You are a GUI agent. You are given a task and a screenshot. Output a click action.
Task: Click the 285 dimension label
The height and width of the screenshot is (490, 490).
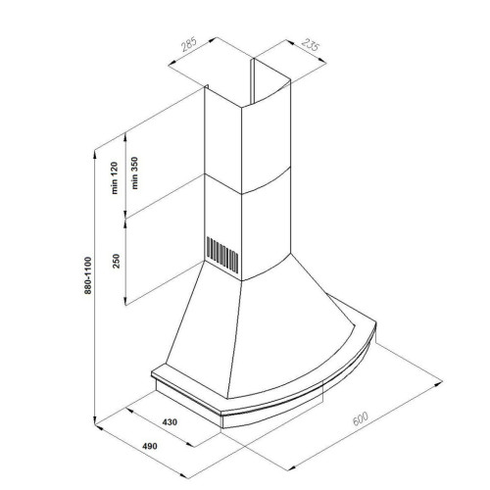pyautogui.click(x=189, y=45)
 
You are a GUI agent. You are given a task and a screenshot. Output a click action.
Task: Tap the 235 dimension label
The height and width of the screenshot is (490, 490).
pyautogui.click(x=310, y=45)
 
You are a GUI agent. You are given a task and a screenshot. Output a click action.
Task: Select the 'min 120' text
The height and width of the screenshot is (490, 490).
pyautogui.click(x=115, y=178)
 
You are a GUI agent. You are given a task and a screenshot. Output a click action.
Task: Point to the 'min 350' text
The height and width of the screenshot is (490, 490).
pyautogui.click(x=134, y=173)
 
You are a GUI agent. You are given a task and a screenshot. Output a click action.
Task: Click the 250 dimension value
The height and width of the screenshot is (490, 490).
pyautogui.click(x=117, y=261)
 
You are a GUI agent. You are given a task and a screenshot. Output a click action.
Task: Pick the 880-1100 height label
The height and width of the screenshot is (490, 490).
pyautogui.click(x=87, y=275)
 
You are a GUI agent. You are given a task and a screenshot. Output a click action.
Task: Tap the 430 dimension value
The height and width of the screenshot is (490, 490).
pyautogui.click(x=170, y=422)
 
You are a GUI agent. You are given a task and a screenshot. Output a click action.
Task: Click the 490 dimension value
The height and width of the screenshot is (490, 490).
pyautogui.click(x=150, y=446)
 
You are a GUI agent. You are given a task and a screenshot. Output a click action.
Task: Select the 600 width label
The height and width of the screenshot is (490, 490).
pyautogui.click(x=361, y=418)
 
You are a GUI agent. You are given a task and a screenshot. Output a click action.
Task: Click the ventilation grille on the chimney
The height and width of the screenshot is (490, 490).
pyautogui.click(x=222, y=255)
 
